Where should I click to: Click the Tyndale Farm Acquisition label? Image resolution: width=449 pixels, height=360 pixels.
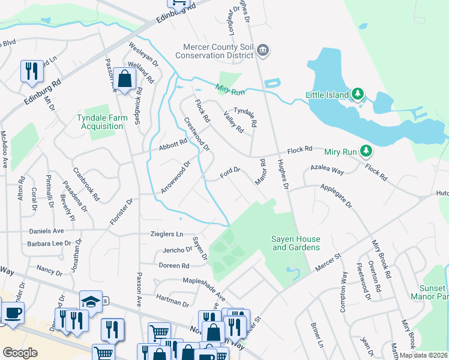coord(102,122)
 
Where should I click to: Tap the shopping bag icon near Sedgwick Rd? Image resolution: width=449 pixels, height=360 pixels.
coord(125,79)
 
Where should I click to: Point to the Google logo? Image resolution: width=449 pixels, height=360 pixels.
coord(20,353)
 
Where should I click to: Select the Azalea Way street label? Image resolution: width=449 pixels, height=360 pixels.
coord(327,171)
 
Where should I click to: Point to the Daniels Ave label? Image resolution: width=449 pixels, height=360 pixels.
coord(46,230)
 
